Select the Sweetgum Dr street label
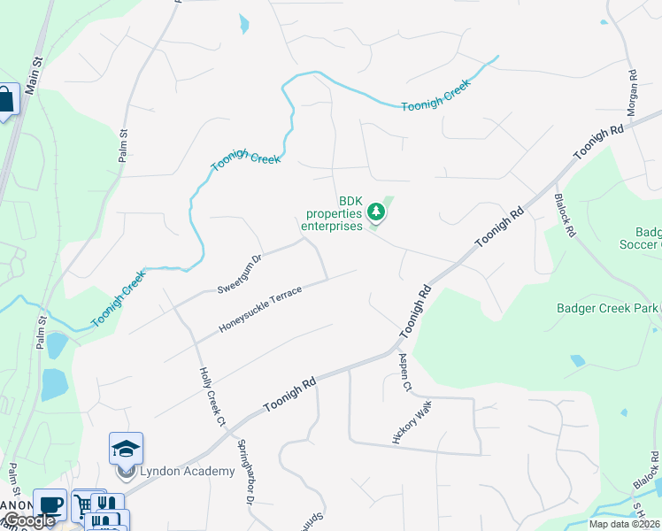tap(240, 274)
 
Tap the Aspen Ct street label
tap(405, 373)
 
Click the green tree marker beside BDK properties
tap(377, 212)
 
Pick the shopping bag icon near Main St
tap(5, 99)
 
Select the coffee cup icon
tap(50, 504)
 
